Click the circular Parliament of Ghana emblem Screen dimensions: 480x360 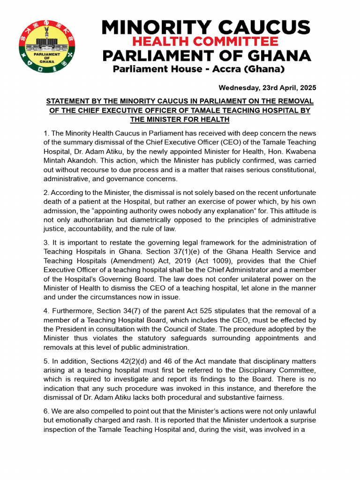pyautogui.click(x=47, y=45)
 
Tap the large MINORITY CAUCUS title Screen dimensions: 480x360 pyautogui.click(x=206, y=27)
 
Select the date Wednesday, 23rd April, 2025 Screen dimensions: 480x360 pyautogui.click(x=267, y=88)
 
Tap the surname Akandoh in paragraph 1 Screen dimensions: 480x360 pyautogui.click(x=82, y=160)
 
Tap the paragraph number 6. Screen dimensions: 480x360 pyautogui.click(x=45, y=411)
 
